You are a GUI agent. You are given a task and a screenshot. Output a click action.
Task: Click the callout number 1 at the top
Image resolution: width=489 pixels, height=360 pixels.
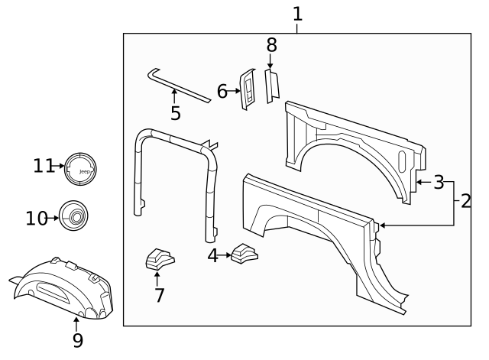[x=297, y=14]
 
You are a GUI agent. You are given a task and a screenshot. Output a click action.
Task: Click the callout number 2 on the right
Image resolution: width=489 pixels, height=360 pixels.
[x=465, y=203]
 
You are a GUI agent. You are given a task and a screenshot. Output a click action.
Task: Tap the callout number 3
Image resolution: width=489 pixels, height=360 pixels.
[x=439, y=182]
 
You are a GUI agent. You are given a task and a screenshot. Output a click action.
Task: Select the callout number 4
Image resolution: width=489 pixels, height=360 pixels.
[x=213, y=256]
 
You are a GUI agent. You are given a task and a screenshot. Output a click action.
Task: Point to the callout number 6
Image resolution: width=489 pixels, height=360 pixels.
[x=222, y=92]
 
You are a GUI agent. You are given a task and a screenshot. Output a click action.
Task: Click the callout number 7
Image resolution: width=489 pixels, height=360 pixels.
[x=159, y=295]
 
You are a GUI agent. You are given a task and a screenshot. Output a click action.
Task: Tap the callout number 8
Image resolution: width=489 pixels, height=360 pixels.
[x=271, y=45]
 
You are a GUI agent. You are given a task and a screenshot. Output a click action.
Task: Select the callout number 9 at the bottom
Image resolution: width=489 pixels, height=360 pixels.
[x=77, y=340]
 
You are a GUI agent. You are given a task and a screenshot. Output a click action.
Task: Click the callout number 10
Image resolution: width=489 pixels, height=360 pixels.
[x=36, y=219]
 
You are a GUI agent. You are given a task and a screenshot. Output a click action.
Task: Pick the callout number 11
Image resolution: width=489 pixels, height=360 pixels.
[x=43, y=166]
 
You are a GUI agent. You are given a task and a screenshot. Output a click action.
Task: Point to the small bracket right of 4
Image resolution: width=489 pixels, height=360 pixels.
[x=245, y=253]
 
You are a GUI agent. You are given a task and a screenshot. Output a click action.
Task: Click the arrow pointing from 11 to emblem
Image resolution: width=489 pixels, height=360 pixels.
[x=58, y=166]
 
